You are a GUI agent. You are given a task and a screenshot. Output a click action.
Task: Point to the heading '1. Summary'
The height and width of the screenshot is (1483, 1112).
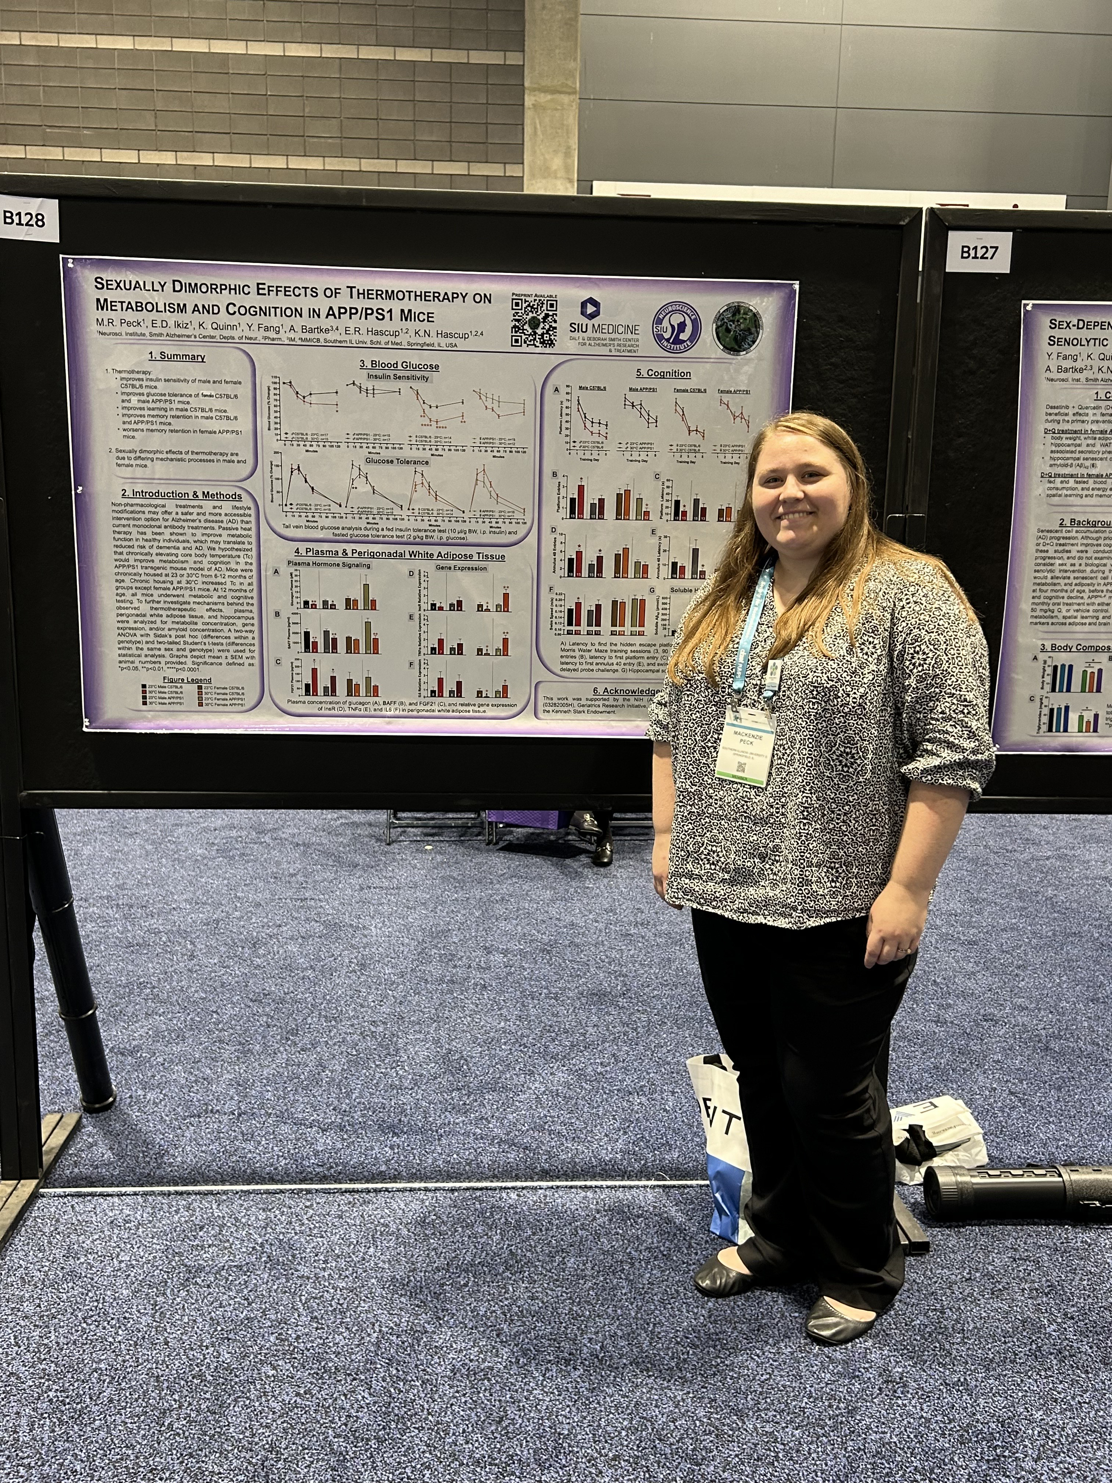(177, 357)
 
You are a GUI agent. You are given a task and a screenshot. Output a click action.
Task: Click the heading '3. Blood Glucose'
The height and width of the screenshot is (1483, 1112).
(399, 365)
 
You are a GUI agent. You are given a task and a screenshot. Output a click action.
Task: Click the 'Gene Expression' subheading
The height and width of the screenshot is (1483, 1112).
(461, 568)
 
